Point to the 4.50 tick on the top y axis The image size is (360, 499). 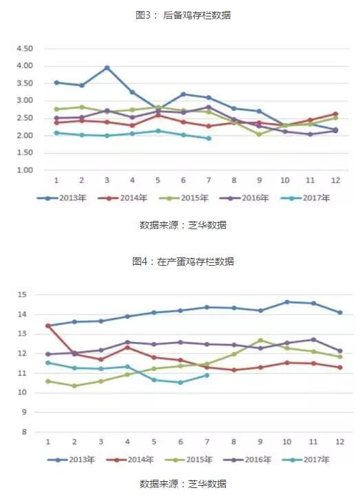(24, 49)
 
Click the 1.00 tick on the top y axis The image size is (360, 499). (24, 170)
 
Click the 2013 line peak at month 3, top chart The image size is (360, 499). (107, 67)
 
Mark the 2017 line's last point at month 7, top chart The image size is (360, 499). (209, 138)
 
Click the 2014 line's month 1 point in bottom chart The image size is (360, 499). (47, 326)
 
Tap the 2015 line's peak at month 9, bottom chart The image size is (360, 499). (261, 340)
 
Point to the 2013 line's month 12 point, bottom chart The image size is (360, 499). (339, 312)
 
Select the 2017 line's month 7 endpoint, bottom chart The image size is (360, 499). (207, 375)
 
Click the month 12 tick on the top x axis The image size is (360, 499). (335, 180)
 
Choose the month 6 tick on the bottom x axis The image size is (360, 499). (181, 440)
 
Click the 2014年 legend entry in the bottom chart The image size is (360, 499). (137, 458)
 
